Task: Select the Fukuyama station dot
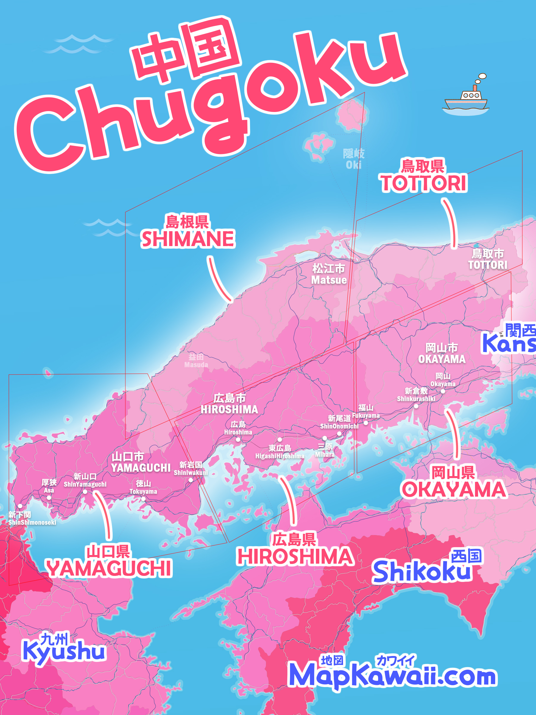[366, 423]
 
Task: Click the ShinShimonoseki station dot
[20, 506]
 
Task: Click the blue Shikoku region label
[422, 571]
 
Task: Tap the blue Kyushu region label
[64, 650]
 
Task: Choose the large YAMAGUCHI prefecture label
[109, 568]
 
